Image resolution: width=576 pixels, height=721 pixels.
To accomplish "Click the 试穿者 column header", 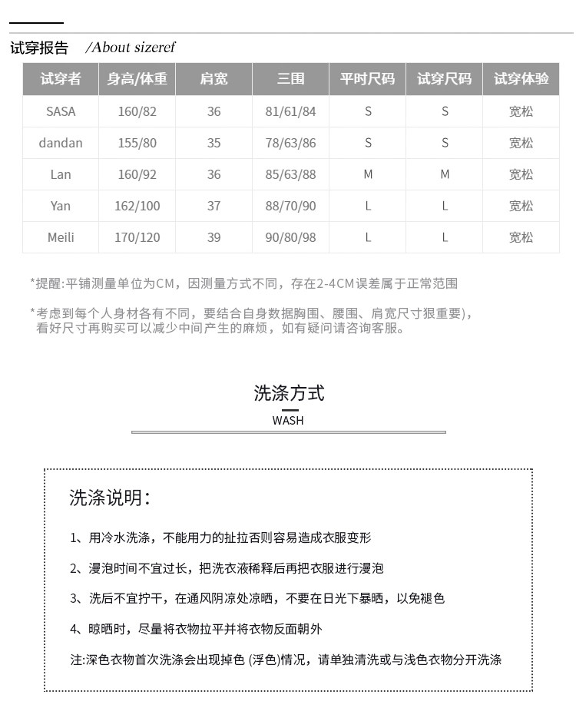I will (61, 79).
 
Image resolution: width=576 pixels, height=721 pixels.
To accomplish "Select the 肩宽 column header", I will (214, 79).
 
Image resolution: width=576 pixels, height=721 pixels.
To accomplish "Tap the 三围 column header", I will (290, 79).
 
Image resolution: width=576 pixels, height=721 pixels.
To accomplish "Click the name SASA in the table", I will (61, 111).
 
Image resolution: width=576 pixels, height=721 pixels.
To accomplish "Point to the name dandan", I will (61, 143).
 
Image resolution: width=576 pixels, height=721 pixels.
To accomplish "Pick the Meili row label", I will (61, 237).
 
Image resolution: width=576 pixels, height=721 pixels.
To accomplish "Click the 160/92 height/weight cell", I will (137, 174).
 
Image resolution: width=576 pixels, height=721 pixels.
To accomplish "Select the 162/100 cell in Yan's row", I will (137, 206).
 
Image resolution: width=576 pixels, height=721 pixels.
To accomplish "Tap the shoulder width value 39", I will (214, 237).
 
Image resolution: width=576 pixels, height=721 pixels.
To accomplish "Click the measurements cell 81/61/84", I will (290, 111).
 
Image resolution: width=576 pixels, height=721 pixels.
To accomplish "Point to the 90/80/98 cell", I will (290, 237).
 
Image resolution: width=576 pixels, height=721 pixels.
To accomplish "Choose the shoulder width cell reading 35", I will (214, 143).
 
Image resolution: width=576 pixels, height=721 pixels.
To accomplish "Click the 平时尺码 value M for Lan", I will (368, 174).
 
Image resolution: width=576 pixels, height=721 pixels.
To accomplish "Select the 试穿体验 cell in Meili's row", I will (521, 237).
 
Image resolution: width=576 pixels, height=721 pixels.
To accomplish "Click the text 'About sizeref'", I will (131, 48).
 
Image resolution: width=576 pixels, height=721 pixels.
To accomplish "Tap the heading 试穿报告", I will (39, 48).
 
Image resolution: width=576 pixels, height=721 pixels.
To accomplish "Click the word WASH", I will (288, 420).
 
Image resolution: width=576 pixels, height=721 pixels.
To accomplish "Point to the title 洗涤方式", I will (289, 393).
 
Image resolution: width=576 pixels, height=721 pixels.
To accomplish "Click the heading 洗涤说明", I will (109, 498).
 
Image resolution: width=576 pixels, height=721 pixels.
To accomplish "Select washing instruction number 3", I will (257, 598).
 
